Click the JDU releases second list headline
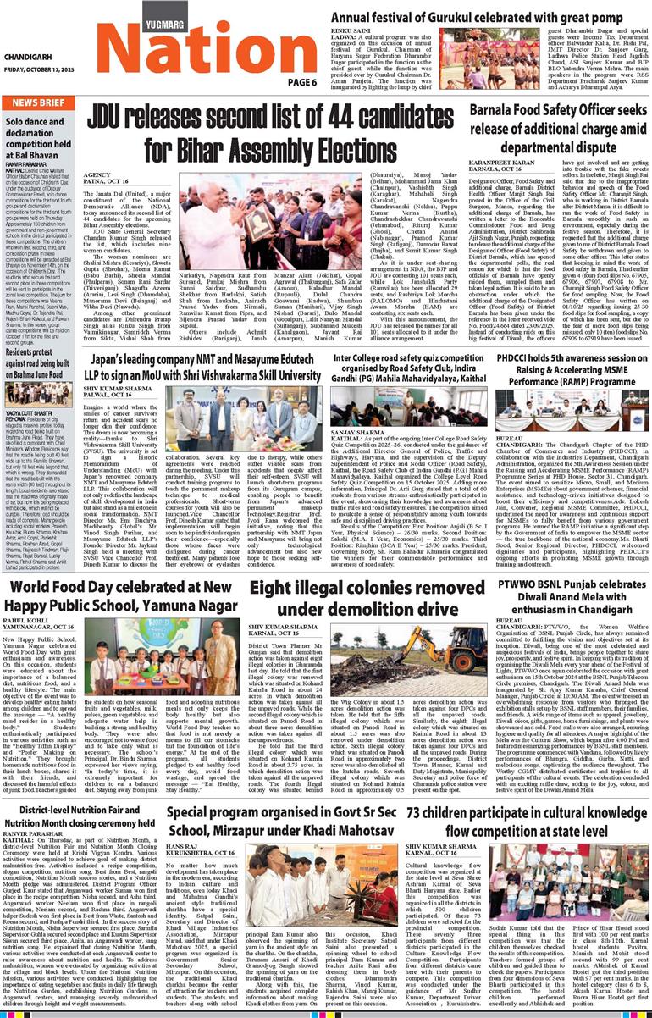279,128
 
